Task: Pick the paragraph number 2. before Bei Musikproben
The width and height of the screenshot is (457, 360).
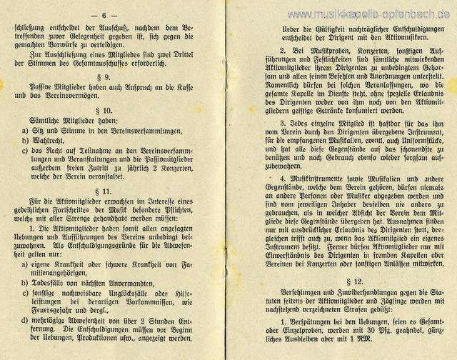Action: (263, 51)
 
